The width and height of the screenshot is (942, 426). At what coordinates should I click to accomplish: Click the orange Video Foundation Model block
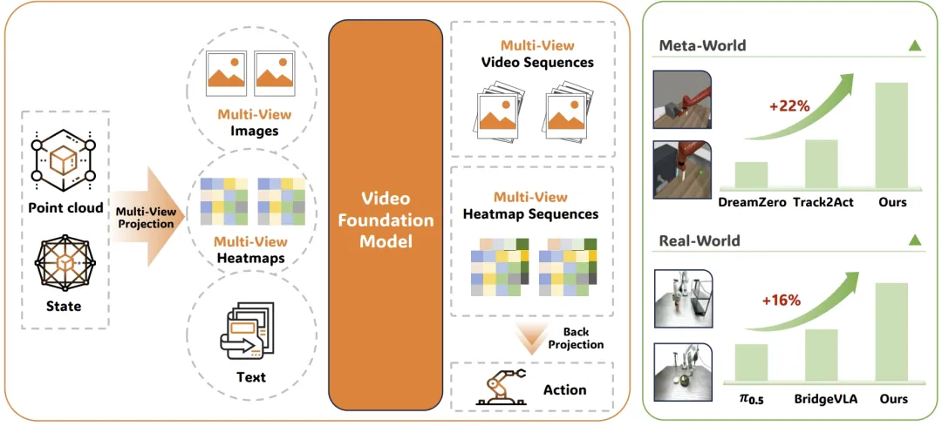(x=386, y=215)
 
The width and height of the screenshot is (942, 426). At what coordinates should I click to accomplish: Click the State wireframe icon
(x=64, y=263)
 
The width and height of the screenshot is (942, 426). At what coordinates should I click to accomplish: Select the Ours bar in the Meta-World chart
(x=891, y=136)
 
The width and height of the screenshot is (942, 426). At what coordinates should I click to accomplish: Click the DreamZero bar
(x=751, y=175)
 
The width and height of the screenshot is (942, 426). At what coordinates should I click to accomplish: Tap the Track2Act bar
(x=821, y=164)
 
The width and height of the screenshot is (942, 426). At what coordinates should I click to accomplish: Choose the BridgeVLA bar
(x=821, y=355)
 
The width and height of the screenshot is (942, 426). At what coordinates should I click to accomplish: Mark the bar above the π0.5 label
(x=751, y=362)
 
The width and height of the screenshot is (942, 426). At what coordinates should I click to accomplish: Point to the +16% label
(x=781, y=301)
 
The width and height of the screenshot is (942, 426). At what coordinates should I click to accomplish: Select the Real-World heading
(x=700, y=240)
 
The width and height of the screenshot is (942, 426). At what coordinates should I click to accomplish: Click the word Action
(x=564, y=389)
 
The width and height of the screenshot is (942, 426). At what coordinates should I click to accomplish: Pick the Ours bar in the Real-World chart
(x=891, y=333)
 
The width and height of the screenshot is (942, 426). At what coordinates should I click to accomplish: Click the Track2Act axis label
(x=821, y=203)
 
